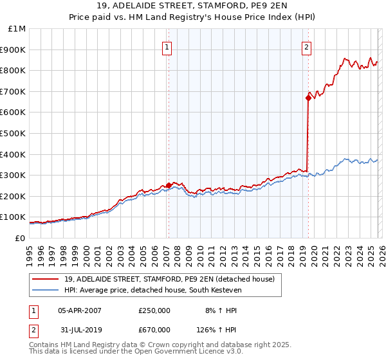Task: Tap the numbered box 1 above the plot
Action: click(x=167, y=46)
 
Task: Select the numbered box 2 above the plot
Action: click(x=306, y=46)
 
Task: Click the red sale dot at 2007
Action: click(x=169, y=186)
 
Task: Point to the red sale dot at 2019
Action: click(x=308, y=98)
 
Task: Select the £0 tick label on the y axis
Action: click(x=19, y=238)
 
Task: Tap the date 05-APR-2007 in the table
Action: click(x=79, y=310)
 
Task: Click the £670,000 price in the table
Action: click(x=154, y=329)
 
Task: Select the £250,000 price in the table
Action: click(x=154, y=310)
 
